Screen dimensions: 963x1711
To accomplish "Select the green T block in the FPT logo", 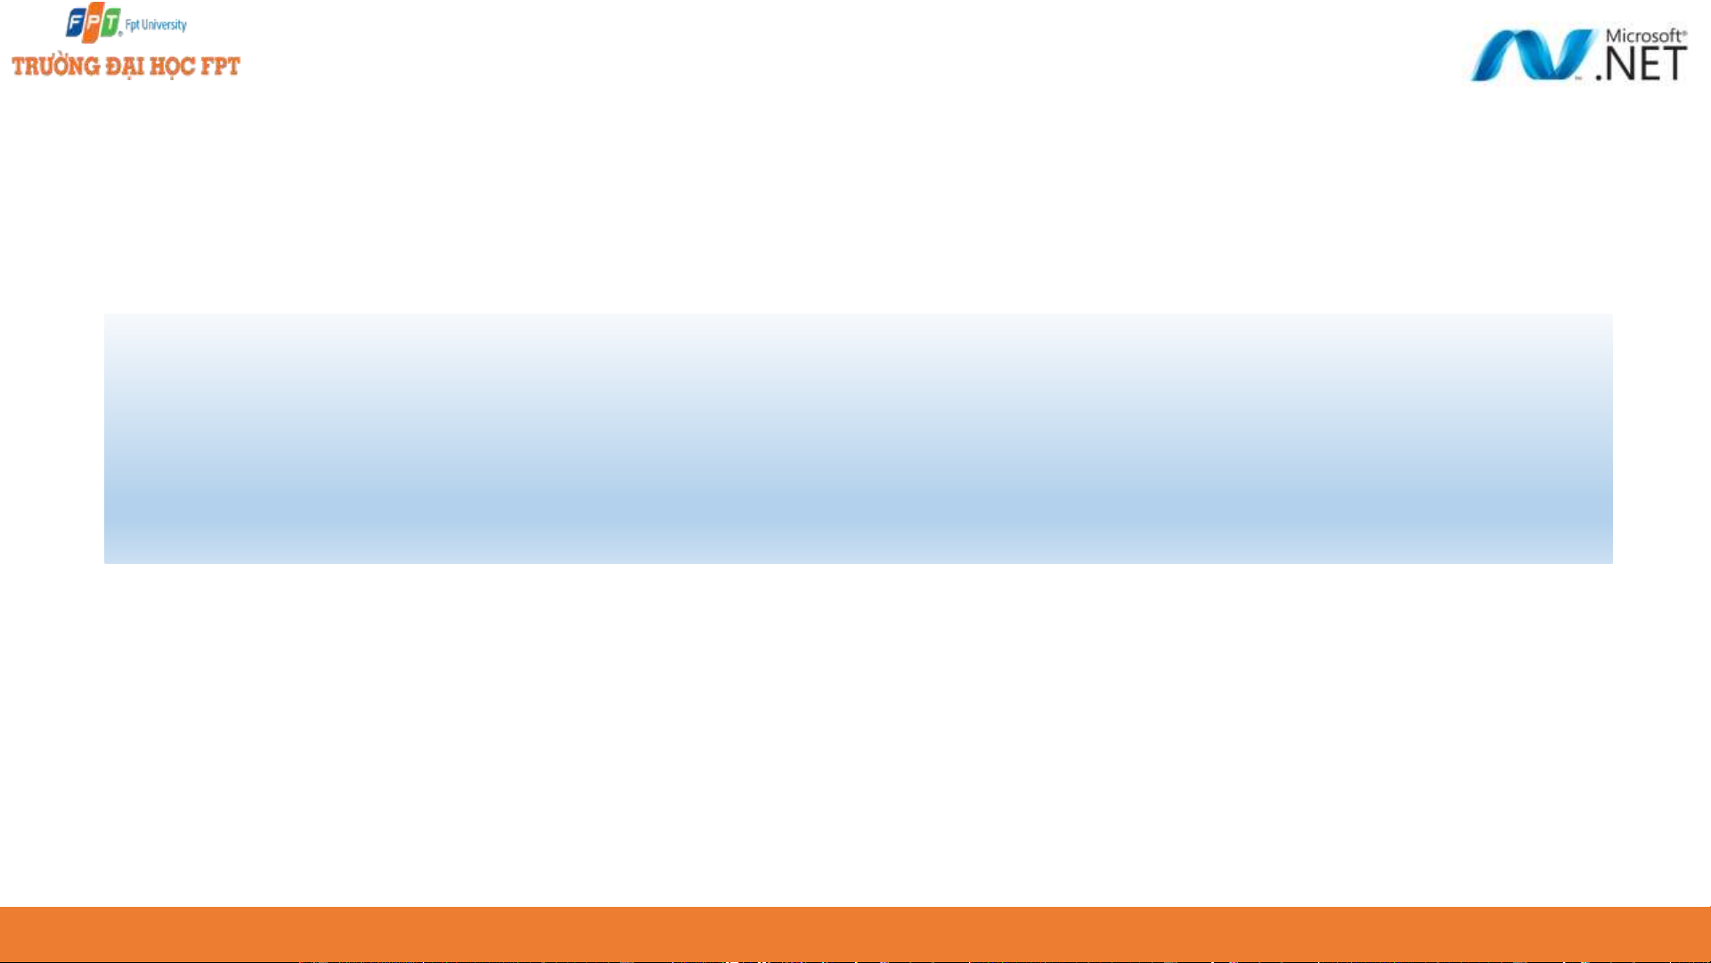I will click(110, 21).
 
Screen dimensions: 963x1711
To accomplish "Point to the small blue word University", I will click(164, 25).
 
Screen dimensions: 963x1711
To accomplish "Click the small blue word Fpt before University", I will click(132, 25).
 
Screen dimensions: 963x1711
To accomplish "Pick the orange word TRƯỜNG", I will click(55, 67).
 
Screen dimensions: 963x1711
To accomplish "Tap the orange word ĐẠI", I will click(125, 68).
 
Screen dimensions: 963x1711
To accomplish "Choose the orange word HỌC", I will click(172, 68).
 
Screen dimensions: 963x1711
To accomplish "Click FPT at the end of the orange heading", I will click(220, 67).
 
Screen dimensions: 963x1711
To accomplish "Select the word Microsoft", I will click(1643, 36).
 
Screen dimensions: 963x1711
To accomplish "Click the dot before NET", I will click(1600, 77).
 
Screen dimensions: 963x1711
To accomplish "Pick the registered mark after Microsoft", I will click(1683, 31).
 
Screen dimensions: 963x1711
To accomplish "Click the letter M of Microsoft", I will click(1614, 37).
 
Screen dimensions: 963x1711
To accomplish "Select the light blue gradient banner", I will click(858, 437).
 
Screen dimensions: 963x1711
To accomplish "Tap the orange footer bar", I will click(855, 934).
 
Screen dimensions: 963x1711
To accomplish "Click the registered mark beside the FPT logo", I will click(120, 34).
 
